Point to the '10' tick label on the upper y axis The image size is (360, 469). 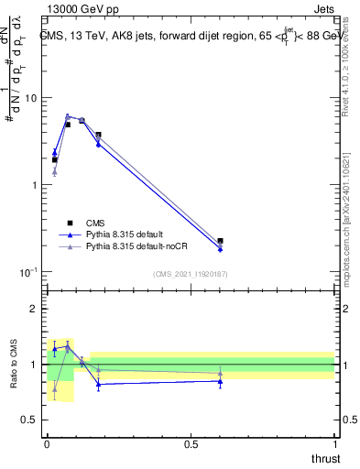32,98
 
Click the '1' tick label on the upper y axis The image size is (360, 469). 35,185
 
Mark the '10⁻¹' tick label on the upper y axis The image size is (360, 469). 29,272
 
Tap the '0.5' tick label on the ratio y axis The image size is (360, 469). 30,420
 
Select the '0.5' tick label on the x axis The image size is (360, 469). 191,443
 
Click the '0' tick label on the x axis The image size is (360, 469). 47,443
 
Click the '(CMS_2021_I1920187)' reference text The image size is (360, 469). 190,273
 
